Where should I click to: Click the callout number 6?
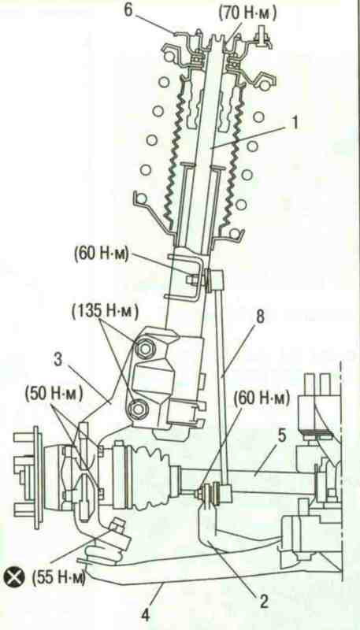click(x=128, y=10)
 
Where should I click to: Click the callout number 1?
click(x=295, y=123)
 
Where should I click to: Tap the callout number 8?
click(x=260, y=317)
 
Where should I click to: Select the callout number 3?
click(x=59, y=361)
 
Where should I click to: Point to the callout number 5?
click(x=283, y=437)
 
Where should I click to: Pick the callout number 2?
click(x=264, y=602)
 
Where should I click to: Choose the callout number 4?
click(x=146, y=615)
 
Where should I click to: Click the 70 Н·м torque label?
click(x=248, y=14)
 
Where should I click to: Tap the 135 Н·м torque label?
click(x=105, y=311)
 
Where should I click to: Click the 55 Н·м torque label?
click(x=58, y=579)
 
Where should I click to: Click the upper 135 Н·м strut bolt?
click(x=143, y=348)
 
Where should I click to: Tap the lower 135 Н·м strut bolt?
click(x=138, y=409)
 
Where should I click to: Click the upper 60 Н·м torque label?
click(x=101, y=256)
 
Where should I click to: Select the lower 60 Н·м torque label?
click(x=262, y=399)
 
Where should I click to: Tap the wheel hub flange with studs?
click(x=35, y=477)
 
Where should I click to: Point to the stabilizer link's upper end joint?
click(x=216, y=279)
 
